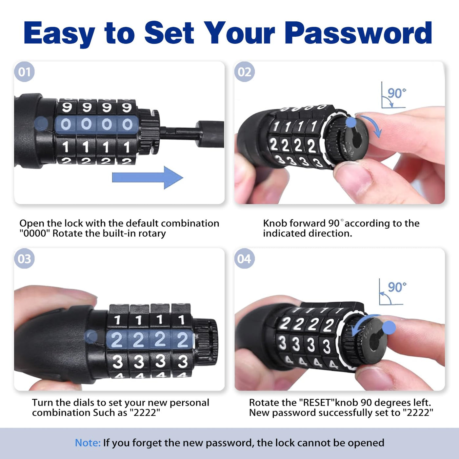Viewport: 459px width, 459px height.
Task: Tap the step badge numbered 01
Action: point(24,72)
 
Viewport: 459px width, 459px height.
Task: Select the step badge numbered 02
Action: point(244,72)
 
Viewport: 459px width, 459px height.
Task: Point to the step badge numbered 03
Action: point(24,258)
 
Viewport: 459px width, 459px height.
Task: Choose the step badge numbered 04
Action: point(244,258)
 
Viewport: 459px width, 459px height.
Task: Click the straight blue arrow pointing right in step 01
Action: point(148,178)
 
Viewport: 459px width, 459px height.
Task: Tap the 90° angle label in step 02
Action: point(397,93)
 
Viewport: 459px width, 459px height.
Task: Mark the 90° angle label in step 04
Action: point(397,287)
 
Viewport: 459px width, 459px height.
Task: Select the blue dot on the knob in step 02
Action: point(350,123)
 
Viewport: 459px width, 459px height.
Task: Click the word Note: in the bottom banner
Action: point(88,443)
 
